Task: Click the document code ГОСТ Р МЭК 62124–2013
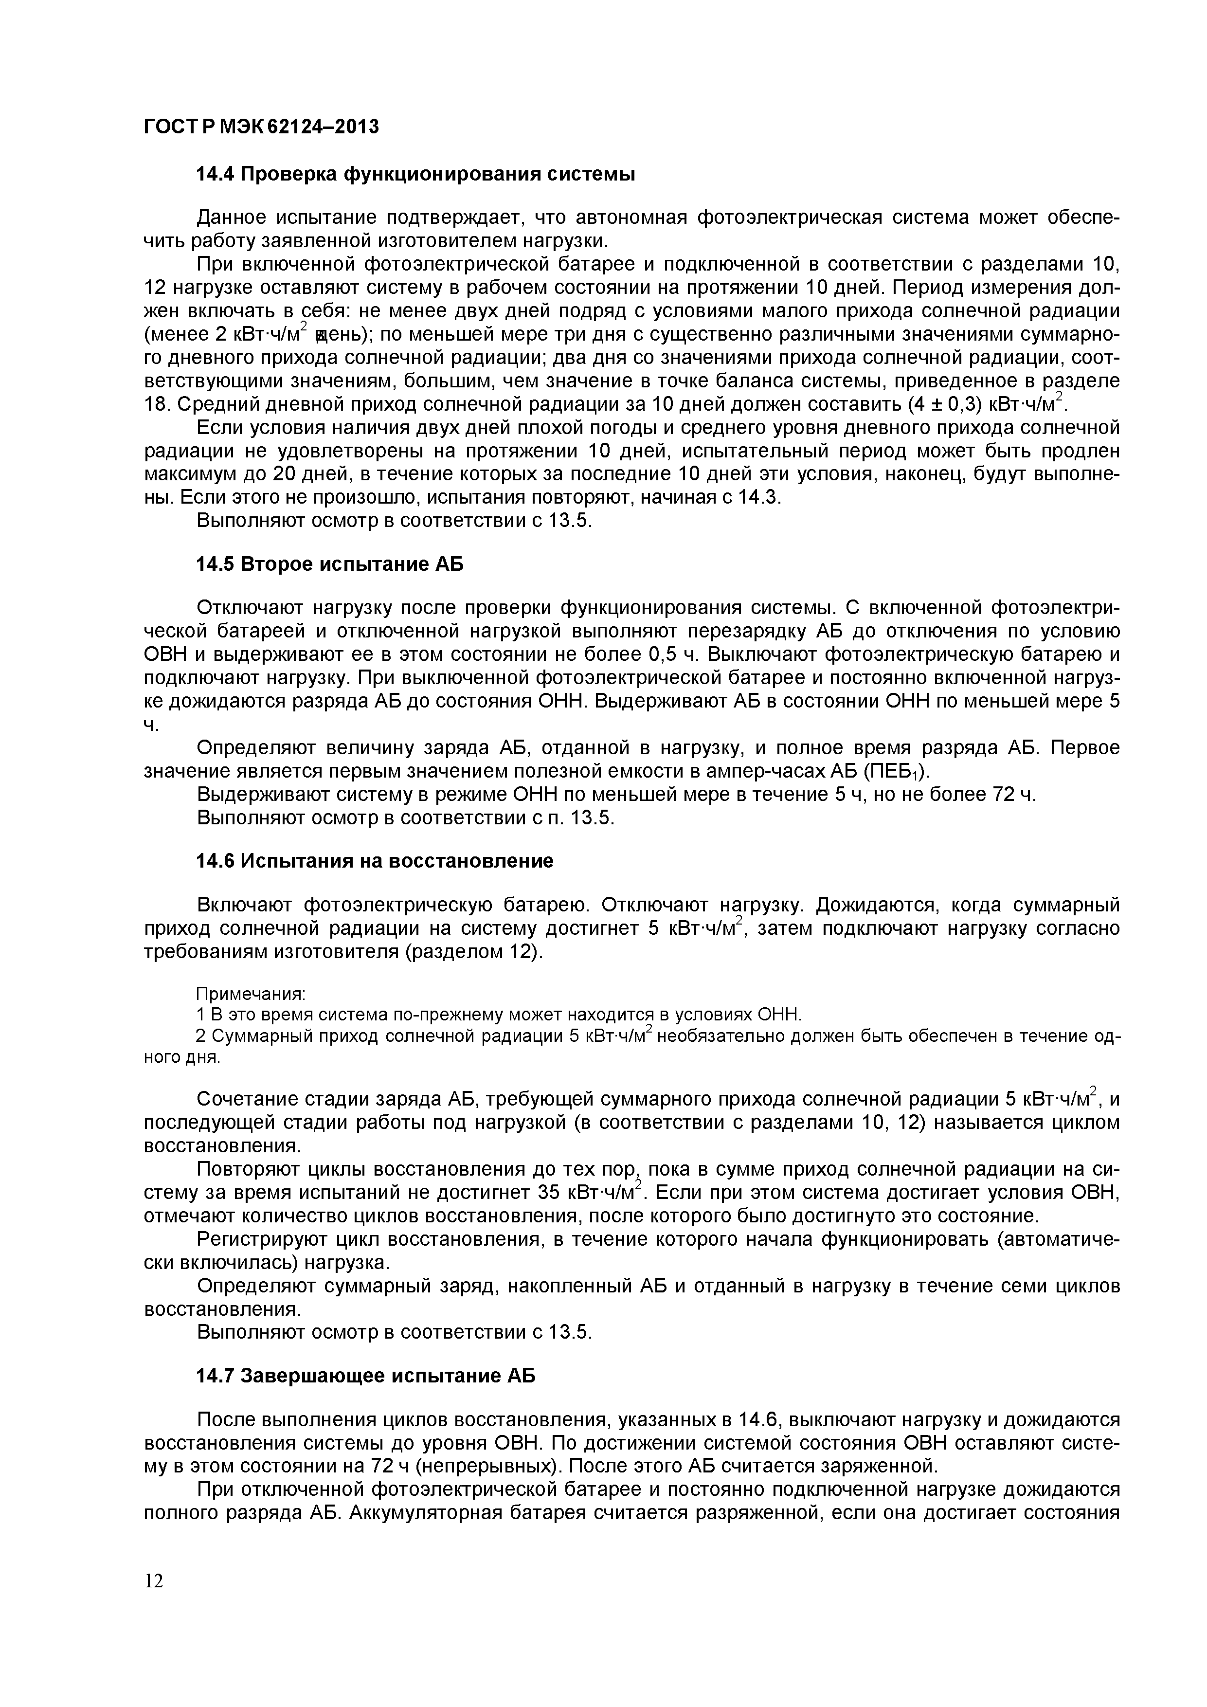(261, 127)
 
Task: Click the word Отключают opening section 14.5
(250, 608)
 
